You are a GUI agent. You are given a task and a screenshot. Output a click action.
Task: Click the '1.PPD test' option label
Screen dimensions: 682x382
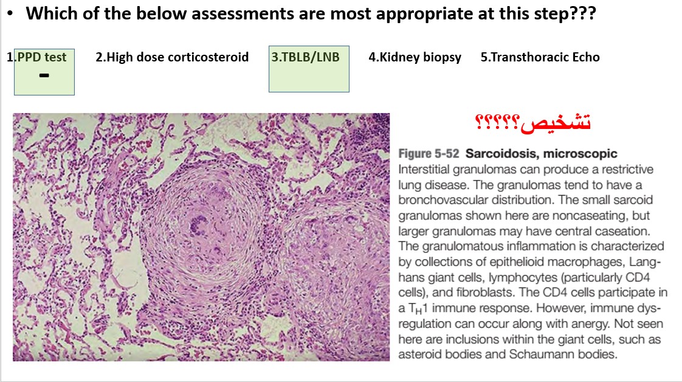(36, 57)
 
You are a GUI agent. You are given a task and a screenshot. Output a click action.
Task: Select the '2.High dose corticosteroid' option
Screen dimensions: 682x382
(172, 57)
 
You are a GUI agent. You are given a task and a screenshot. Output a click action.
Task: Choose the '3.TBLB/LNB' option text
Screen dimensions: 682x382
(305, 57)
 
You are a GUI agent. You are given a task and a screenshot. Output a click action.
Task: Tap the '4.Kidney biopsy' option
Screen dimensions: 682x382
(415, 57)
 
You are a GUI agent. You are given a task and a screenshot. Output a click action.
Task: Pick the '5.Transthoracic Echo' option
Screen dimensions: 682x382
(540, 57)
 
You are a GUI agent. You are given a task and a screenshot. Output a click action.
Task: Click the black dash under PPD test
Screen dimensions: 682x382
(44, 75)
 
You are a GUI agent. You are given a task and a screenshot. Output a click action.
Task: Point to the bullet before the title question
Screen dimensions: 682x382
(10, 13)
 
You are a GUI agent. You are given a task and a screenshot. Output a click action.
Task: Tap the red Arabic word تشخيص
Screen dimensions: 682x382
(556, 122)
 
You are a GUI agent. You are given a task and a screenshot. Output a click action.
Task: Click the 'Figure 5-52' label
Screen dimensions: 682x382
(429, 153)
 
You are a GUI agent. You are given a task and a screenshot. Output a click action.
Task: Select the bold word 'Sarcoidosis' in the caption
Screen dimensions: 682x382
(501, 153)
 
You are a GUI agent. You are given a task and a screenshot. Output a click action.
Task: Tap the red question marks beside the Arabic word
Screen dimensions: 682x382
(497, 122)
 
